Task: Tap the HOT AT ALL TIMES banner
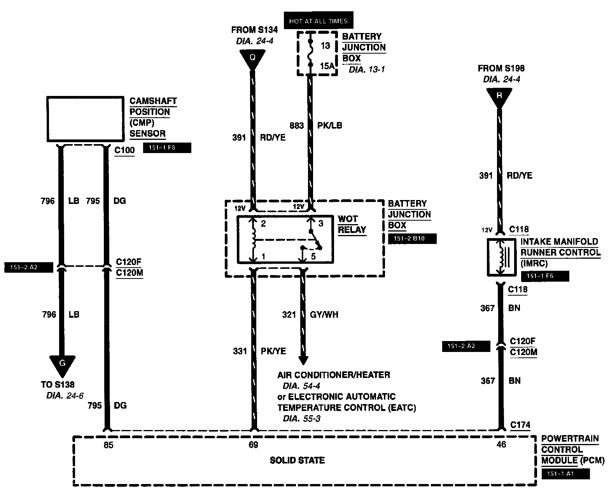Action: point(318,21)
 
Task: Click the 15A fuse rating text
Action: point(327,66)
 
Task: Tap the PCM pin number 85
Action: point(108,445)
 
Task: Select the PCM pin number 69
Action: point(253,445)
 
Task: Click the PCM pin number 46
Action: point(502,444)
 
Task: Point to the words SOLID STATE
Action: point(297,461)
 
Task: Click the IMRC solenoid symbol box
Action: point(501,257)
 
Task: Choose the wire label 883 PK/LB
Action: point(316,125)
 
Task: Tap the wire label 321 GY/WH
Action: point(310,315)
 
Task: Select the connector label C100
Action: point(124,150)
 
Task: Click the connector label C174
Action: point(520,425)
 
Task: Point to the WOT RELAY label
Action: point(352,224)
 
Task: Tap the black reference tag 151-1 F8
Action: point(167,148)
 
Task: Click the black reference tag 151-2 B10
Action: point(412,239)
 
